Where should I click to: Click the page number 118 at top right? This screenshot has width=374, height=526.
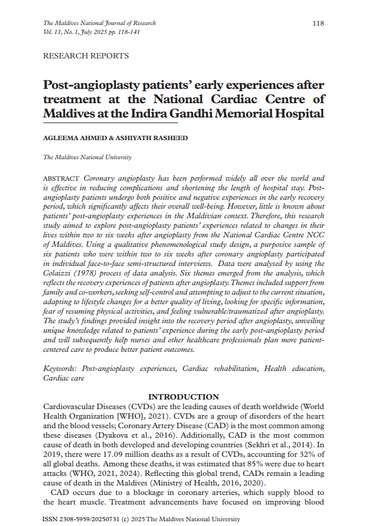pyautogui.click(x=319, y=23)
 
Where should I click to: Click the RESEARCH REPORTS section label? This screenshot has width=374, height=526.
pyautogui.click(x=86, y=56)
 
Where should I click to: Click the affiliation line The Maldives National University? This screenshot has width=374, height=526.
pyautogui.click(x=88, y=157)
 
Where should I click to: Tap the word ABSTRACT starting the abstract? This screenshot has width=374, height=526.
pyautogui.click(x=63, y=179)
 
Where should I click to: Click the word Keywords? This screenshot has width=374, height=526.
pyautogui.click(x=61, y=369)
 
